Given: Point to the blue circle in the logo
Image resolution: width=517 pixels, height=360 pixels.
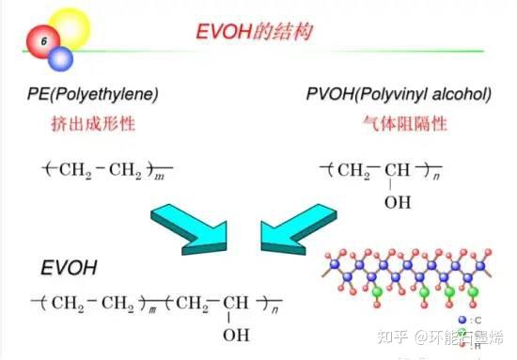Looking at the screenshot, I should coord(61,59).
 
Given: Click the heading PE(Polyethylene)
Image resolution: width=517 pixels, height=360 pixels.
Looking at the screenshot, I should coord(93,95).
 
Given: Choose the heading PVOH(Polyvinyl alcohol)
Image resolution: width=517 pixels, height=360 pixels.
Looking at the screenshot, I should coord(399,95).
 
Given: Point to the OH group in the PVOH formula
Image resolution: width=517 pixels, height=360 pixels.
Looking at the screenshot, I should coord(398,201).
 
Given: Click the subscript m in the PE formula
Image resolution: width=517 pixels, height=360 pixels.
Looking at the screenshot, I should coord(160,176).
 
